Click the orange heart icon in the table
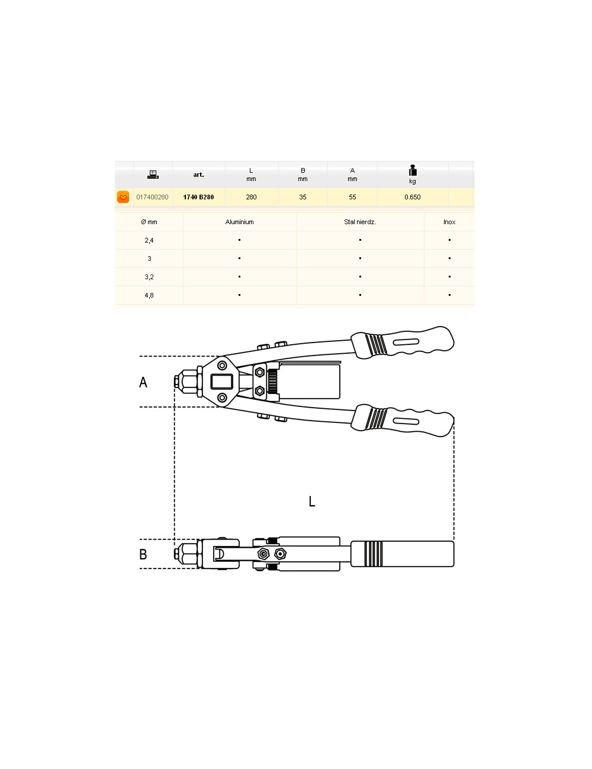[x=123, y=197]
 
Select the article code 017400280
[x=152, y=197]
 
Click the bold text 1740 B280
[x=198, y=197]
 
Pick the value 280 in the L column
[x=251, y=197]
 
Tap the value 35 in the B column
[x=303, y=197]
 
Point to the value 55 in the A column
[x=352, y=197]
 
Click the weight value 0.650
[x=413, y=197]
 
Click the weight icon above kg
[x=413, y=170]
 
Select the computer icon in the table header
[x=153, y=175]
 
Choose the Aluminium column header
[x=239, y=222]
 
